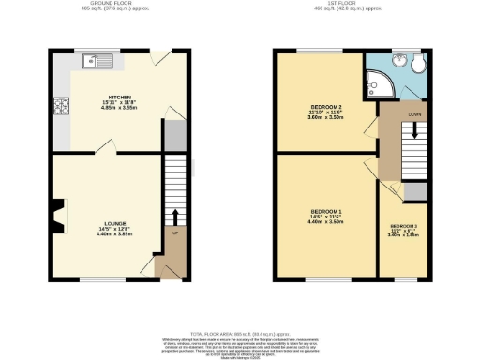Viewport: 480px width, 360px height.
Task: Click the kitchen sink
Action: [97, 63]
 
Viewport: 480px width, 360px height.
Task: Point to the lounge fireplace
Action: [61, 215]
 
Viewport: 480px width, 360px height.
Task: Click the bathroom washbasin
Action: [397, 58]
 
